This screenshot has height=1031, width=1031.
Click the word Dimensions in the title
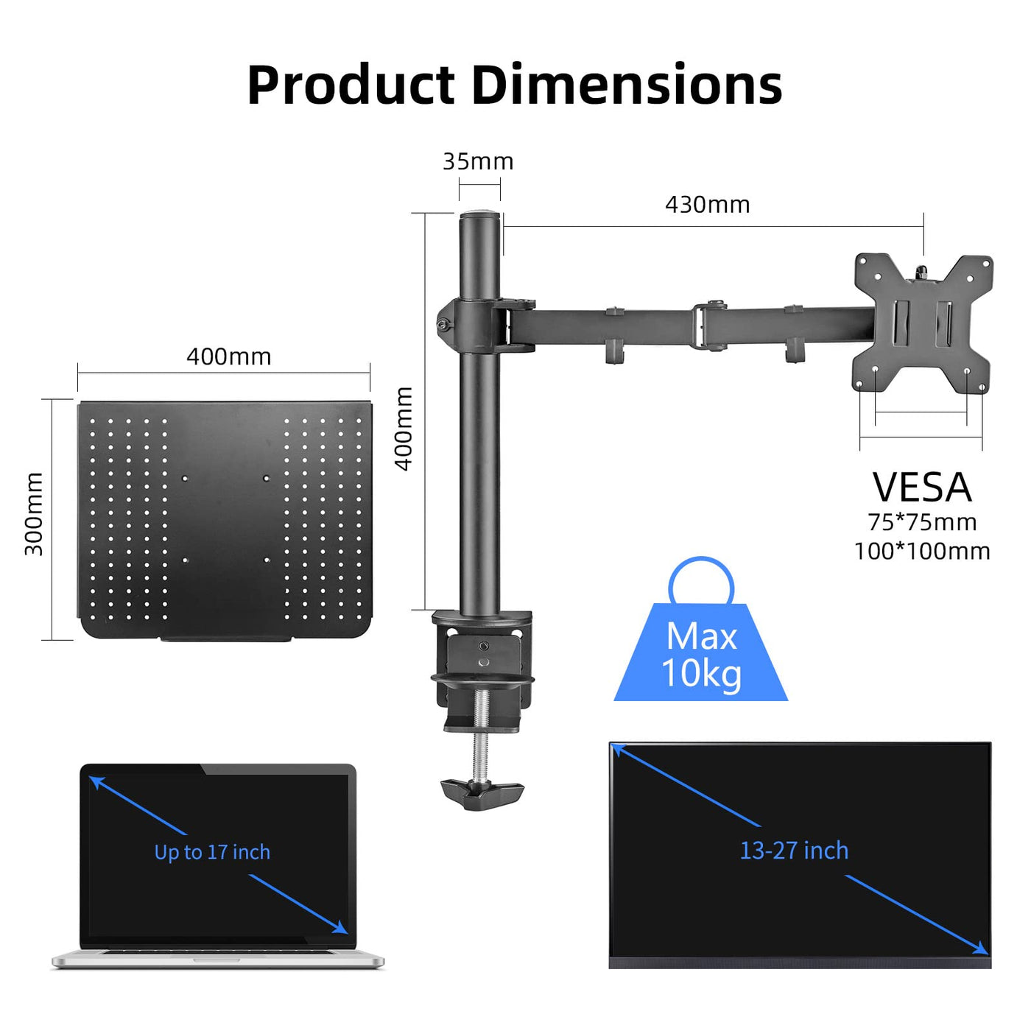[x=627, y=84]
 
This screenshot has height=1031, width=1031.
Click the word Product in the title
[x=351, y=84]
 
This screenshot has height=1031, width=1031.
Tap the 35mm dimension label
[x=478, y=161]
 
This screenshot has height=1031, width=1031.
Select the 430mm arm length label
[x=707, y=205]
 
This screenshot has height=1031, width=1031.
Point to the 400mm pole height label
[x=404, y=429]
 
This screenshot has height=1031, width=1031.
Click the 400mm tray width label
[x=228, y=357]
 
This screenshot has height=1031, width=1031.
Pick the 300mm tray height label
[x=34, y=513]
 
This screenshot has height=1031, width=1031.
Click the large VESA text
[x=921, y=488]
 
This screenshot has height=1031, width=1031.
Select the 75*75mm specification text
[x=922, y=522]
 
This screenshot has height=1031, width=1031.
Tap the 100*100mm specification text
[x=922, y=552]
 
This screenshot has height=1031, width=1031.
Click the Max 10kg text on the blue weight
[x=701, y=655]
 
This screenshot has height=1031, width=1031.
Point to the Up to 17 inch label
[x=212, y=852]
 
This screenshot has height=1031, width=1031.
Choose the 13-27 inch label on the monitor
[x=794, y=851]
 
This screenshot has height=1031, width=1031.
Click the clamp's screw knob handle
[x=482, y=795]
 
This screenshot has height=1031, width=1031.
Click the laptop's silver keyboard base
[x=218, y=960]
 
